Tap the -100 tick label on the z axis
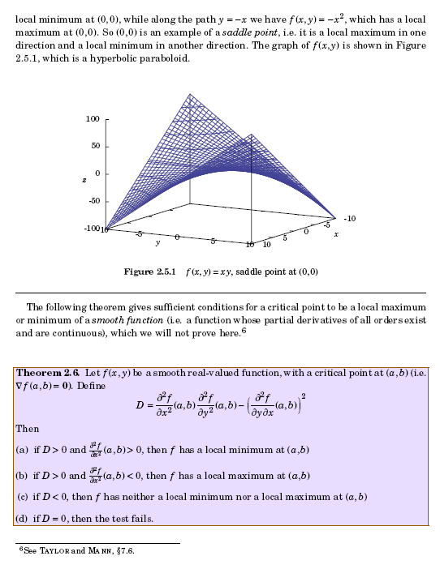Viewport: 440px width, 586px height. tap(90, 228)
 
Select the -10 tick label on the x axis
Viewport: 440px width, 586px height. tap(350, 218)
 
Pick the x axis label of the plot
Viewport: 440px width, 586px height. tap(335, 233)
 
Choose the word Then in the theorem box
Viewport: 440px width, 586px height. tap(27, 426)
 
